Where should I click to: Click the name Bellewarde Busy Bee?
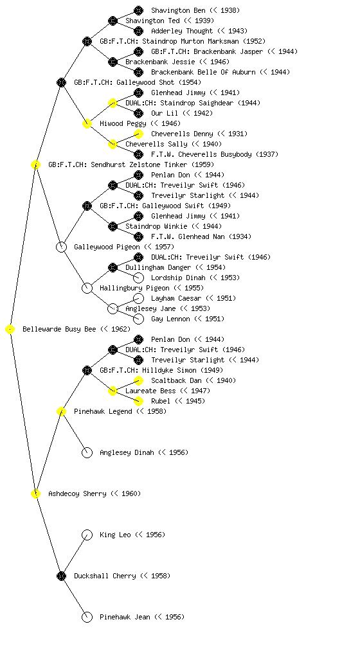tap(59, 330)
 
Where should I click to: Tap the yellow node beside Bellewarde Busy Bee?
tap(10, 330)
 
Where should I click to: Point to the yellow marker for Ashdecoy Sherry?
tap(35, 494)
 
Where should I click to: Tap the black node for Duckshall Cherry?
tap(61, 576)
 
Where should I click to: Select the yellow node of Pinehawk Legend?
tap(61, 412)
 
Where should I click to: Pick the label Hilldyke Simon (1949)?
tap(183, 371)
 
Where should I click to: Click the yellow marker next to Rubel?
tap(138, 401)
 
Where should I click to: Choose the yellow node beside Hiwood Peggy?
tap(87, 124)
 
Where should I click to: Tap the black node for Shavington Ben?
tap(138, 10)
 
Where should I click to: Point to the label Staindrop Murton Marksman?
tap(190, 42)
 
